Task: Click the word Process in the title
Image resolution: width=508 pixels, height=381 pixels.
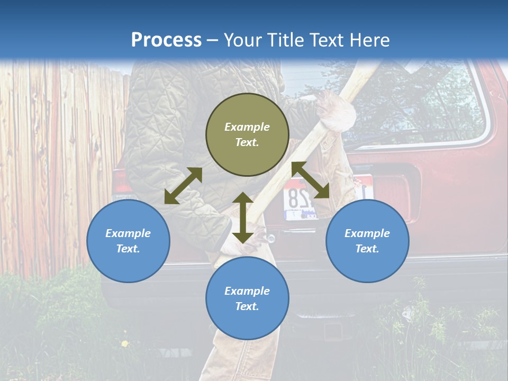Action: tap(166, 40)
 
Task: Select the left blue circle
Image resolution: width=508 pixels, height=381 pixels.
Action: tap(128, 241)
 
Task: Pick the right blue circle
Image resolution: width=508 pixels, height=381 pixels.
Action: tap(367, 241)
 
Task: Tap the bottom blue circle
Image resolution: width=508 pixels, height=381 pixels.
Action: tap(247, 298)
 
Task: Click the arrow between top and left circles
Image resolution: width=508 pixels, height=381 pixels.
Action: tap(183, 186)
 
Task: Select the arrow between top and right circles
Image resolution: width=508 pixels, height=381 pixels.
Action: tap(311, 180)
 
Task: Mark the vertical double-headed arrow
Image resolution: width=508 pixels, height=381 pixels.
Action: tap(242, 217)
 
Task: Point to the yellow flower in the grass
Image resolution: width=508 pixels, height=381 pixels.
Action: tap(125, 343)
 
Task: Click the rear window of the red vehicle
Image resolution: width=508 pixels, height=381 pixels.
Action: tap(418, 101)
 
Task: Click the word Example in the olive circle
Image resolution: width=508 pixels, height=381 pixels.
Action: tap(247, 127)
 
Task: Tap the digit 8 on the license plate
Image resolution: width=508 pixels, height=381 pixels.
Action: tap(292, 200)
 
